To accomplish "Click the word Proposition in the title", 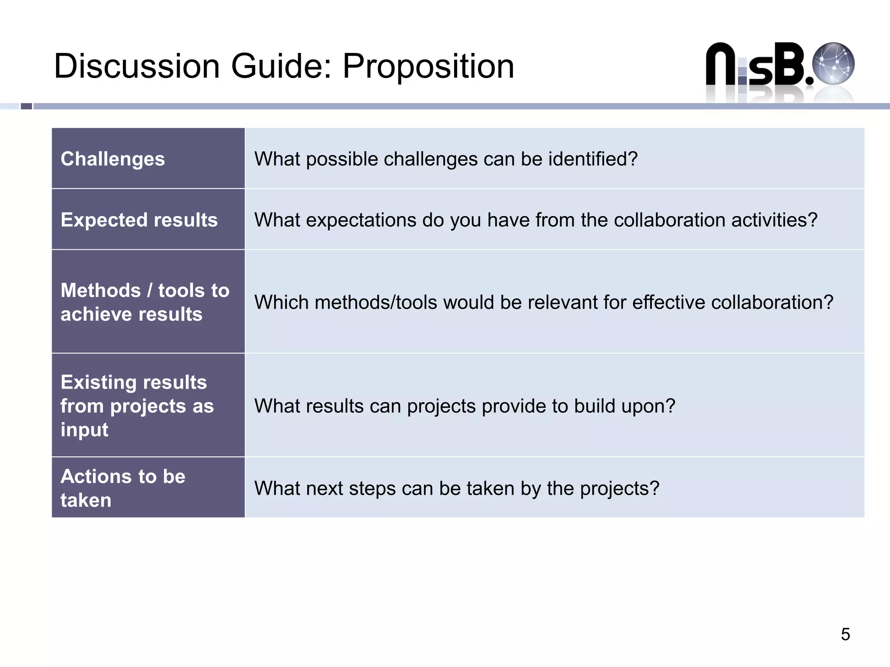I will tap(428, 66).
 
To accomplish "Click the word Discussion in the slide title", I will tap(137, 66).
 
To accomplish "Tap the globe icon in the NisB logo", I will tap(833, 63).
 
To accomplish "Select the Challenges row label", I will tap(113, 159).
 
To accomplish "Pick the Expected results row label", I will tap(139, 220).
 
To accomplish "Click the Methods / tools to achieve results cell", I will tap(145, 302).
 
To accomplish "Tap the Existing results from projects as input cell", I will tap(137, 406).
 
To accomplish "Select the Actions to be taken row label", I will tap(123, 488).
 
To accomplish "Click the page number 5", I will tap(845, 634).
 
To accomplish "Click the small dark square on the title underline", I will tap(27, 106).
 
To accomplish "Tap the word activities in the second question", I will tap(774, 220).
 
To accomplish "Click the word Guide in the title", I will tap(281, 66).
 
